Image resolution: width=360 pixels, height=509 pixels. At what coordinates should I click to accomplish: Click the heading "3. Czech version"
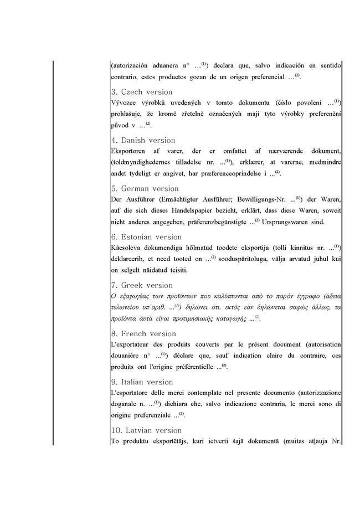(142, 92)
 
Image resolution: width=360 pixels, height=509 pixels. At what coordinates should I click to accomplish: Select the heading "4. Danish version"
(143, 140)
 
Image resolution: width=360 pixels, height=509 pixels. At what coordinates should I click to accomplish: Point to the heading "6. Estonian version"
(146, 236)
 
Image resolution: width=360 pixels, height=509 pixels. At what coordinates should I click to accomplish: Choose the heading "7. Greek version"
(142, 285)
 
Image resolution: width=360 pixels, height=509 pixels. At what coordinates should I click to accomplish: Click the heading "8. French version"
(143, 333)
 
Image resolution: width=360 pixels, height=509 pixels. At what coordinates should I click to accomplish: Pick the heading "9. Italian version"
(142, 382)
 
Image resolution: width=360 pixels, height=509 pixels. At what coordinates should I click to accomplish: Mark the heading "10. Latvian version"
(146, 430)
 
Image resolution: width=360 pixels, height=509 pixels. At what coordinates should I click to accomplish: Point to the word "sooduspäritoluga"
(244, 259)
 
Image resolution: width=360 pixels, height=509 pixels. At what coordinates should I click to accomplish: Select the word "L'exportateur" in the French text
(131, 344)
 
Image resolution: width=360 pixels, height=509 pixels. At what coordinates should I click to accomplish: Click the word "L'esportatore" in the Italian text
(131, 392)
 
